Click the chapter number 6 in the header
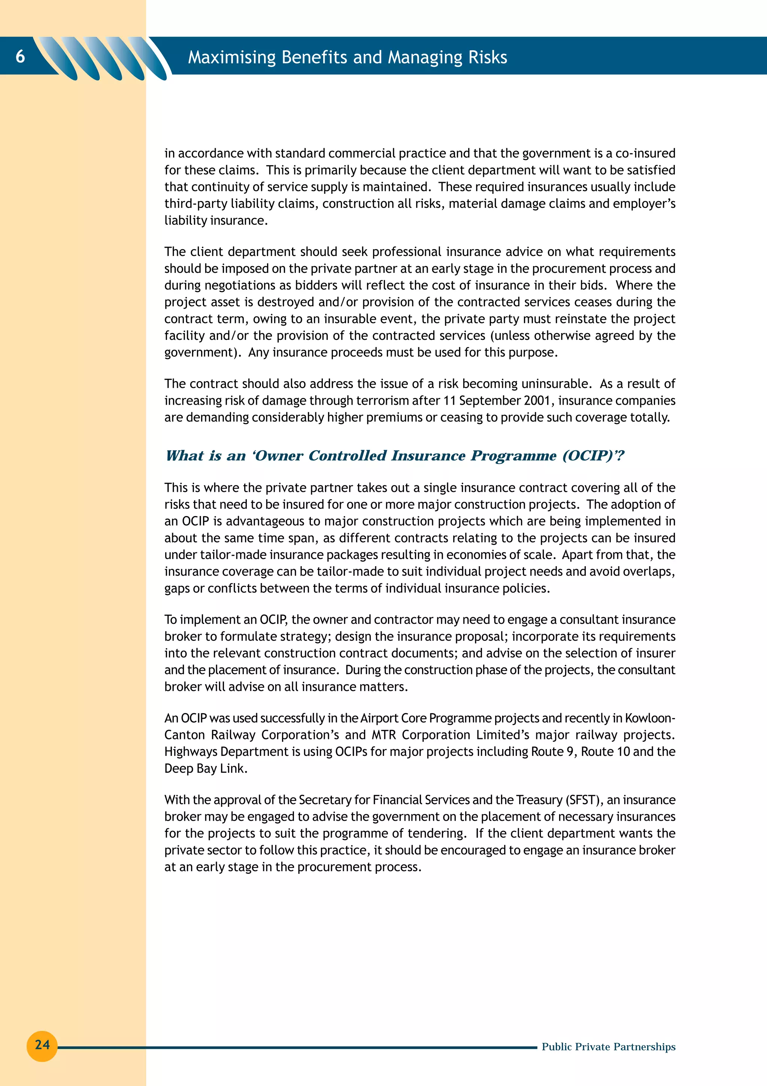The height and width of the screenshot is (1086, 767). pyautogui.click(x=20, y=56)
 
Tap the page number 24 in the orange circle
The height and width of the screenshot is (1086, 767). pyautogui.click(x=42, y=1044)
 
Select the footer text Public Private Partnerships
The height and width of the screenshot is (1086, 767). pyautogui.click(x=608, y=1047)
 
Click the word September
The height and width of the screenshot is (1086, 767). pyautogui.click(x=489, y=401)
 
